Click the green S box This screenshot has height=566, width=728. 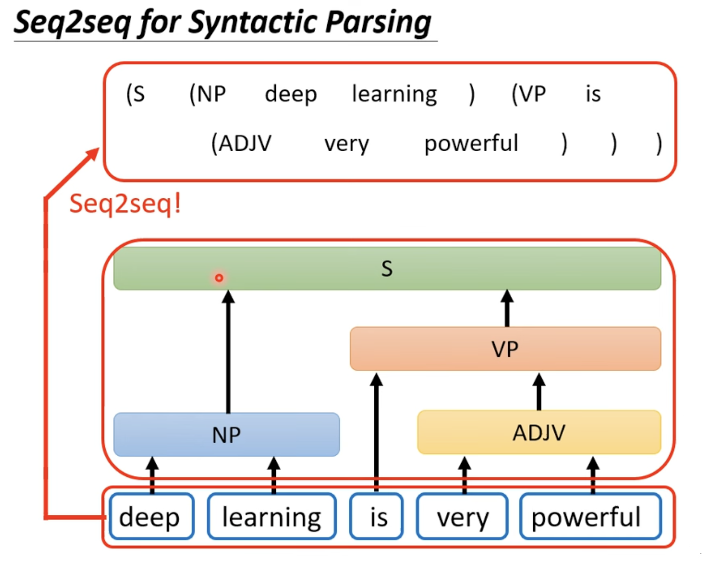(x=387, y=268)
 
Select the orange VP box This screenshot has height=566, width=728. (x=505, y=348)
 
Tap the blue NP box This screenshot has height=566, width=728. (x=226, y=434)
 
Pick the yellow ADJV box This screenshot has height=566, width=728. (x=539, y=432)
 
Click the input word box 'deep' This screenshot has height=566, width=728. (x=152, y=516)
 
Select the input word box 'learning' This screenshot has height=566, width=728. (x=272, y=516)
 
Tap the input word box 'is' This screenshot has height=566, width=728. (x=376, y=516)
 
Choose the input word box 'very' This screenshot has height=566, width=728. (x=462, y=516)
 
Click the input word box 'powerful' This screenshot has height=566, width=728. (x=591, y=516)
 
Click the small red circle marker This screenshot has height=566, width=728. (x=219, y=278)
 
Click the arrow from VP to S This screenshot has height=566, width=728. (x=507, y=308)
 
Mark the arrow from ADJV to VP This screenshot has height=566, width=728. (x=539, y=392)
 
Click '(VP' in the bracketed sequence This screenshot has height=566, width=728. (x=528, y=94)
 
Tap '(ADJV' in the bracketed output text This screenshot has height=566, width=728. (x=241, y=143)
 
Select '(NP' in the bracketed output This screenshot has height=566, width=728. (x=207, y=94)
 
